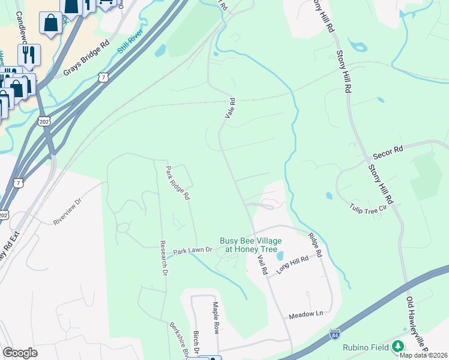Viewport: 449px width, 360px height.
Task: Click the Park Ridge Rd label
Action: [178, 183]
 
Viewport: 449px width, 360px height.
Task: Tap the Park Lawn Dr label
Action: [193, 250]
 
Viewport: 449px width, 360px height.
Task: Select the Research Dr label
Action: [163, 258]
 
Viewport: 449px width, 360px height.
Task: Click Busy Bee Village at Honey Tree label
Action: [250, 243]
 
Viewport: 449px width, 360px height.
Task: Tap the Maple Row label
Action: [215, 318]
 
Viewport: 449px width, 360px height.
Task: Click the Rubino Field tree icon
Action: [397, 347]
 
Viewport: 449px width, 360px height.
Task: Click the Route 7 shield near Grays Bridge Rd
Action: [104, 77]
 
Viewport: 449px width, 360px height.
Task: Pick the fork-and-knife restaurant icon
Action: [29, 55]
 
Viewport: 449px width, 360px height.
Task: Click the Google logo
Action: [20, 353]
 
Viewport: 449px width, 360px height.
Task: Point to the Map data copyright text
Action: [423, 355]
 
